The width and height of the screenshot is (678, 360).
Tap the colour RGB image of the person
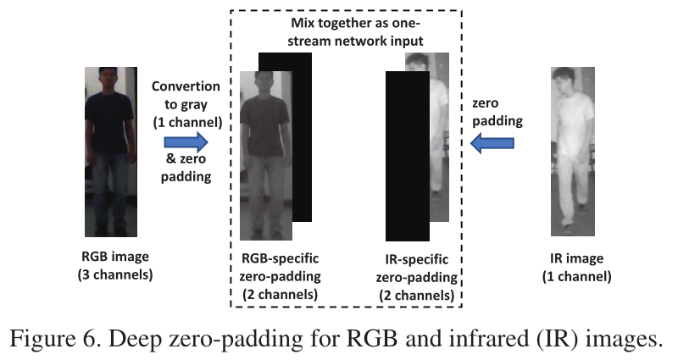coord(108,152)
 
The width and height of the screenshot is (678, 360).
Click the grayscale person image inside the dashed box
coord(265,152)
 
